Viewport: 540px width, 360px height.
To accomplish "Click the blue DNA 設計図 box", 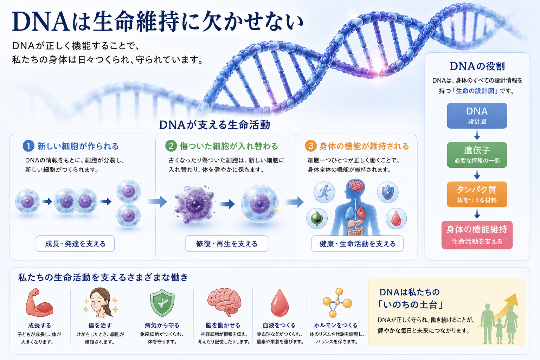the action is tap(477, 116).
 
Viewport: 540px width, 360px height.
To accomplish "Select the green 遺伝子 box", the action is tap(477, 155).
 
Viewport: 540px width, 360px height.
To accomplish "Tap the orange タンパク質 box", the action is tap(477, 194).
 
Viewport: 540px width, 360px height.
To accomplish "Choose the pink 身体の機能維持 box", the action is tap(477, 235).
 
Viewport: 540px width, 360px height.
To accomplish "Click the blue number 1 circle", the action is tap(28, 146).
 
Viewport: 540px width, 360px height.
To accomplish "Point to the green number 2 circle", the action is tap(171, 146).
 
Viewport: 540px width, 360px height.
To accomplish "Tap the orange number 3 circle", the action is tap(311, 146).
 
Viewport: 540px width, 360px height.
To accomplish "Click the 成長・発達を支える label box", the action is tap(75, 244).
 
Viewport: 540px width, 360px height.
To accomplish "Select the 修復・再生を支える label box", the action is tap(227, 244).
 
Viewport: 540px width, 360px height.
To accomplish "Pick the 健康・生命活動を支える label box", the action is tap(357, 244).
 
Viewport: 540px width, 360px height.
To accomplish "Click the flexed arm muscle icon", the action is tap(39, 303).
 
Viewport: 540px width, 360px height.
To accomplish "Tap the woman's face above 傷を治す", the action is tap(100, 303).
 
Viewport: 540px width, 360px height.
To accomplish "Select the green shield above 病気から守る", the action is tap(162, 303).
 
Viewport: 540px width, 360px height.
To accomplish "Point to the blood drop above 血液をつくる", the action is tap(279, 303).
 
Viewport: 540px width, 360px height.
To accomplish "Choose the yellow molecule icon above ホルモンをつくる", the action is tap(337, 302).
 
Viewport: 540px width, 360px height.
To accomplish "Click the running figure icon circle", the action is tap(324, 192).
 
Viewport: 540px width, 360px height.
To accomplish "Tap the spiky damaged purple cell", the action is tap(194, 205).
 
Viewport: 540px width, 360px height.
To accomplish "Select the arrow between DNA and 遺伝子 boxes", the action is tap(477, 135).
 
